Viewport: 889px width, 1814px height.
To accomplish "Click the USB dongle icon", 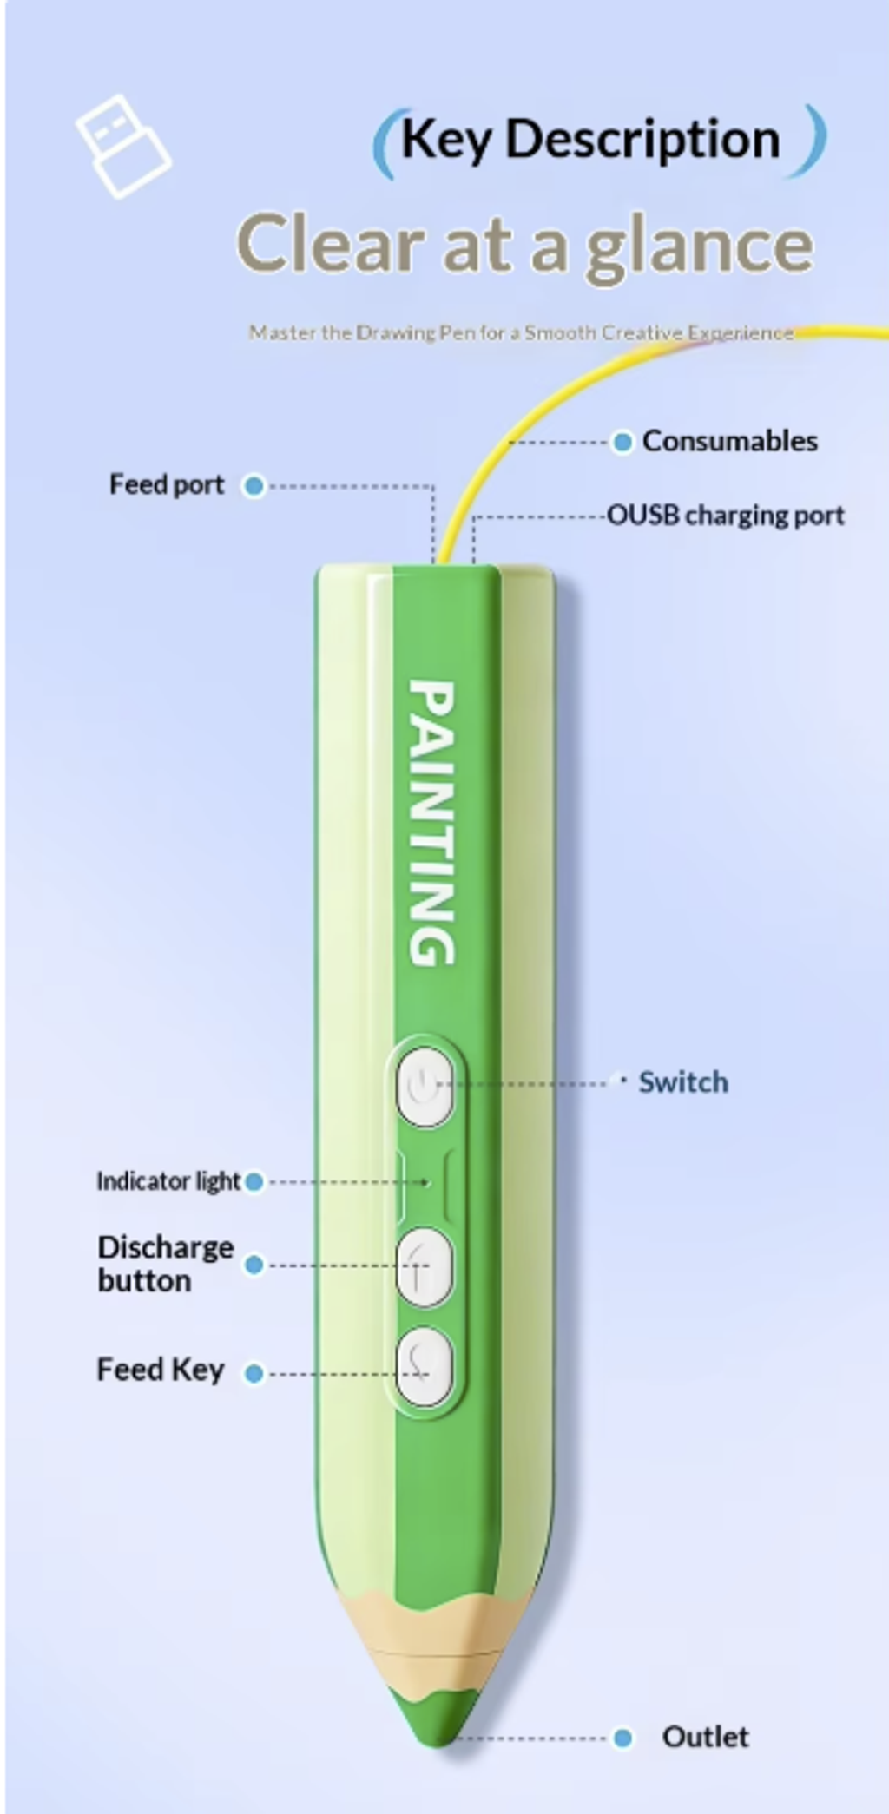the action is click(x=122, y=145).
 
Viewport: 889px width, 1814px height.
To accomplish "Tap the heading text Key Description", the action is click(x=590, y=139).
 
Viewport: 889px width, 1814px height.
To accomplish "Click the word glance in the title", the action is click(x=700, y=247).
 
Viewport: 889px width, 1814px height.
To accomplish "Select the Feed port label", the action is click(x=166, y=484).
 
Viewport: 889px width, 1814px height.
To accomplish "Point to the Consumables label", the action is click(x=729, y=441).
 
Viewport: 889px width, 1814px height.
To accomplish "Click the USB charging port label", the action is click(x=725, y=516).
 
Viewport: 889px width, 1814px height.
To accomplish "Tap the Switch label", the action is click(x=683, y=1082).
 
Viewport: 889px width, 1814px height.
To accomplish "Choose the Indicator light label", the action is click(x=168, y=1181).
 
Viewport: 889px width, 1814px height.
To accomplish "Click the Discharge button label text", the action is click(x=166, y=1264).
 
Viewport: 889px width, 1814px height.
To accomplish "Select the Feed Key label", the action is click(x=160, y=1370).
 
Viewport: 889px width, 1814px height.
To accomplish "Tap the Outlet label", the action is click(x=705, y=1737).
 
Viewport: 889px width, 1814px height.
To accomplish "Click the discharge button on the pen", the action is click(x=425, y=1267).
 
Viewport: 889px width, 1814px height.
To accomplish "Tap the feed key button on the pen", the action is click(x=425, y=1367).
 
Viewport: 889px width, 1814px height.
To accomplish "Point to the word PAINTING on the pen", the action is click(x=431, y=823).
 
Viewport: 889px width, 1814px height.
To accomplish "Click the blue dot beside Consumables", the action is click(x=622, y=443).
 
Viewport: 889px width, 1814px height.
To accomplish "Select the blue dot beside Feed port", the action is click(x=254, y=485).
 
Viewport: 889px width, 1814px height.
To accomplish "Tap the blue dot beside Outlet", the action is click(x=622, y=1738).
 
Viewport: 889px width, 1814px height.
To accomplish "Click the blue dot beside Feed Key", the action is click(x=254, y=1373).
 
